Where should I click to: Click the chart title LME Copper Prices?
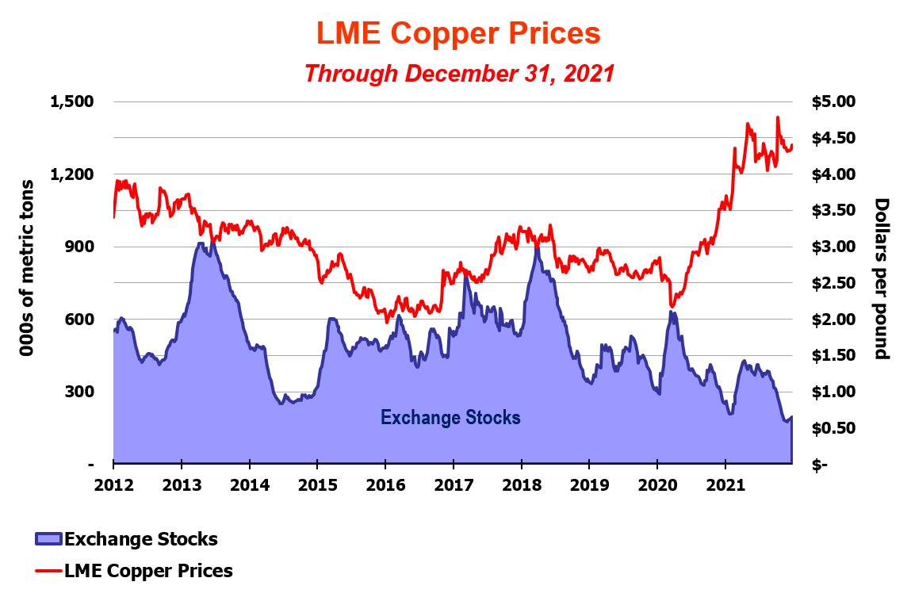click(x=458, y=33)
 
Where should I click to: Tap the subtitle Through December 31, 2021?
click(x=460, y=74)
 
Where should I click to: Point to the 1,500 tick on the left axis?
click(x=72, y=101)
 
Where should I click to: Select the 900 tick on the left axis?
click(x=78, y=247)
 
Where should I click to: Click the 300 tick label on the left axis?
click(x=78, y=392)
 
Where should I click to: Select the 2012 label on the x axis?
click(x=113, y=484)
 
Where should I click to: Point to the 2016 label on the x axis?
click(x=385, y=484)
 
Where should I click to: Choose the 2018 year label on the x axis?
click(x=522, y=484)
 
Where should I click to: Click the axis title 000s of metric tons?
click(x=27, y=267)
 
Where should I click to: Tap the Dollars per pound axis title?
click(x=882, y=278)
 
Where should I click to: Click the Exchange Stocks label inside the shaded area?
click(x=450, y=417)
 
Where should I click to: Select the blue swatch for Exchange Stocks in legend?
click(x=48, y=539)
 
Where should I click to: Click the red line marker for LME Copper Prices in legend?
click(x=48, y=571)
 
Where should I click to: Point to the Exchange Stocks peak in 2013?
click(x=201, y=243)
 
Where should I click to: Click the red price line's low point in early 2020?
click(x=672, y=306)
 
